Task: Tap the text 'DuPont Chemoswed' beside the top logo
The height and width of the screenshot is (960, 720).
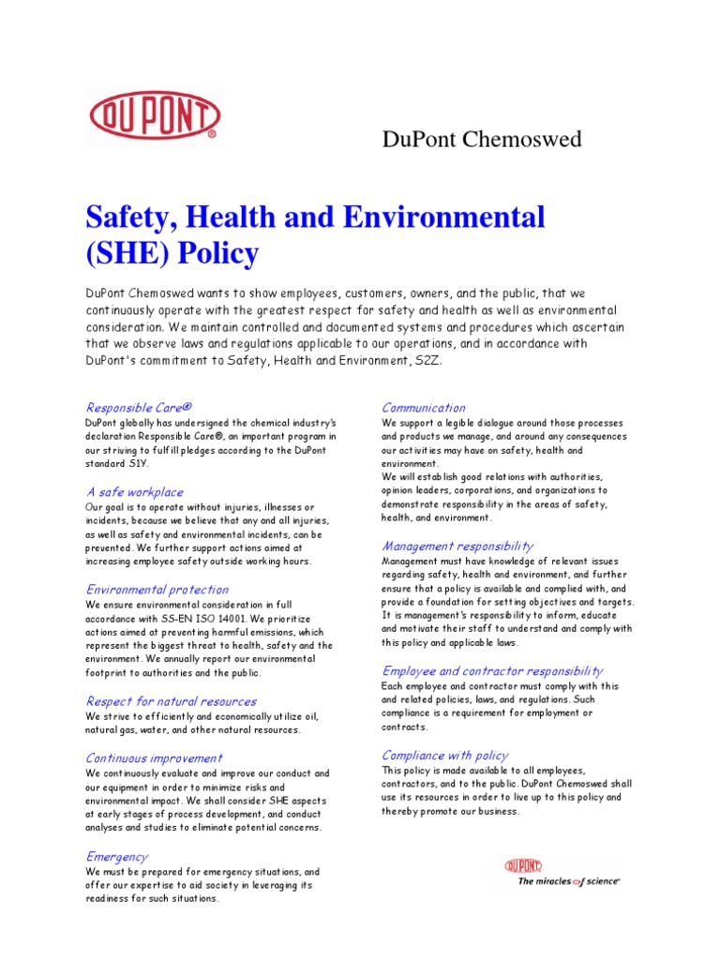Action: (x=482, y=140)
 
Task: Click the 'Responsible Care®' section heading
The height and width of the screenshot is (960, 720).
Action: (x=139, y=407)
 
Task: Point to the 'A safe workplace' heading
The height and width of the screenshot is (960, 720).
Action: (x=134, y=492)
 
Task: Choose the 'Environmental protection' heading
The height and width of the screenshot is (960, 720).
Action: (x=157, y=590)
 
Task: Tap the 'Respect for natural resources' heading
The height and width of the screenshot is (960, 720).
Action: (x=171, y=701)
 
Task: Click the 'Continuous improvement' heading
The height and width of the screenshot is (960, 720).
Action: (x=154, y=758)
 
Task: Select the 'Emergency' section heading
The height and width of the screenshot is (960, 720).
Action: (x=116, y=856)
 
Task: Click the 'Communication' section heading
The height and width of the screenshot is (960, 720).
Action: (x=423, y=408)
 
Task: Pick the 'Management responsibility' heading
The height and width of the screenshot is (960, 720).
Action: (x=457, y=546)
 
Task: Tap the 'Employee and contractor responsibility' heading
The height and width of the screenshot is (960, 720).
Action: (x=492, y=671)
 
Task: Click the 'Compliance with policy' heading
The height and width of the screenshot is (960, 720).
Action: (x=444, y=755)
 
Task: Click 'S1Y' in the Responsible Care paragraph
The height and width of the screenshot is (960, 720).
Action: (x=137, y=463)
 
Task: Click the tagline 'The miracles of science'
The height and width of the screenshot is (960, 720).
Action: (x=569, y=881)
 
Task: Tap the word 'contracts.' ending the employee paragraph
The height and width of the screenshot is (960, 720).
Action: (x=404, y=727)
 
